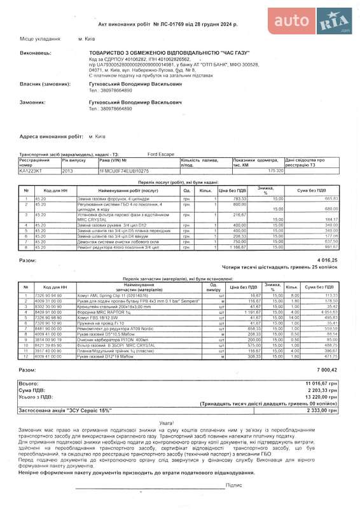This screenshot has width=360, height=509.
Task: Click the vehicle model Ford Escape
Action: point(162,155)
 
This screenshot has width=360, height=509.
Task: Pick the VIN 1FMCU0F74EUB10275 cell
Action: point(124,171)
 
